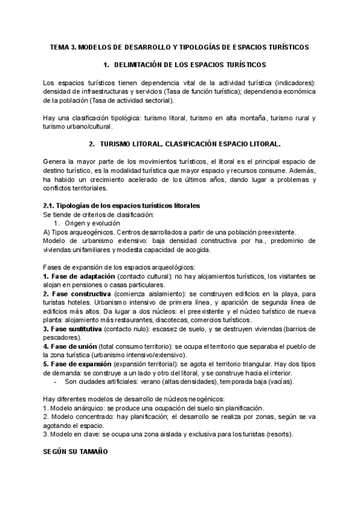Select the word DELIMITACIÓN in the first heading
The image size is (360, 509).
pyautogui.click(x=143, y=64)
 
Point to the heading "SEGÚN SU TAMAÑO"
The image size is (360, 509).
pyautogui.click(x=75, y=452)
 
